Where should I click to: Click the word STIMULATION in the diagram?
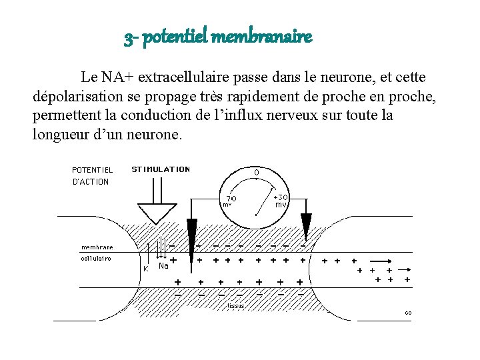click(x=161, y=169)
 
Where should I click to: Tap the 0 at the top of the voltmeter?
click(x=256, y=173)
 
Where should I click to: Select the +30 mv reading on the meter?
click(x=281, y=201)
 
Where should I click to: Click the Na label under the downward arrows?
click(x=163, y=266)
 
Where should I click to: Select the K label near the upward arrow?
click(x=145, y=269)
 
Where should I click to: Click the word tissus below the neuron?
click(x=236, y=306)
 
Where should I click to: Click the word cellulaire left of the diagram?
click(x=96, y=258)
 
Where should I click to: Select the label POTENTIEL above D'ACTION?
click(x=92, y=170)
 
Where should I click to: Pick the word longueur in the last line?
click(x=58, y=134)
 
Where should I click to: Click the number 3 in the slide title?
click(x=127, y=38)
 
